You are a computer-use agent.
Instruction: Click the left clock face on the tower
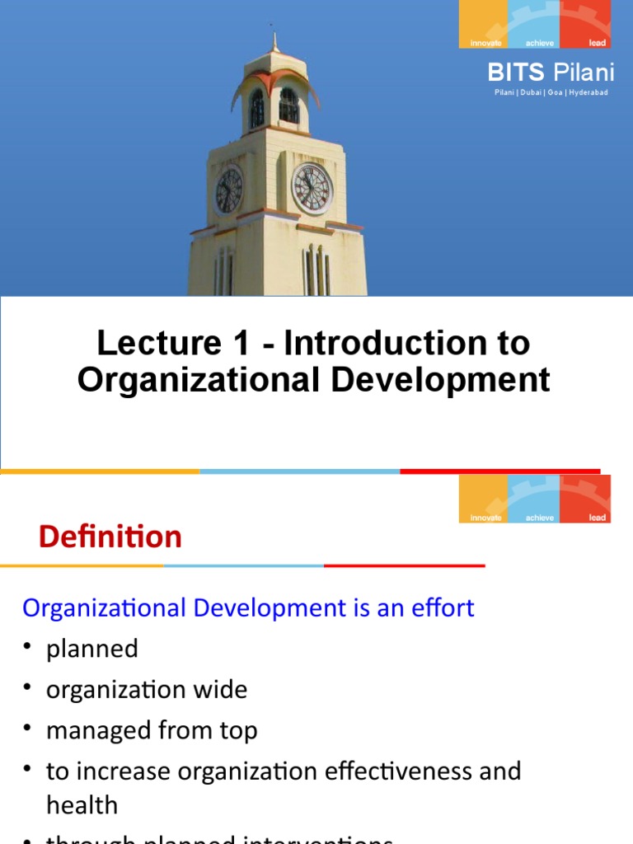pos(228,190)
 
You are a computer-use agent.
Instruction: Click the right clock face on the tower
pos(312,188)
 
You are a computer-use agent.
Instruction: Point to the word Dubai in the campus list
pos(531,92)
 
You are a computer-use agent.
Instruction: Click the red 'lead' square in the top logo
pos(586,24)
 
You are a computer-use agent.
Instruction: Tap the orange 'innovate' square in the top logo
pos(484,24)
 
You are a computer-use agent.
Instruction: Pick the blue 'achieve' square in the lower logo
pos(535,499)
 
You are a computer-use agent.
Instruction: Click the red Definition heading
pos(110,537)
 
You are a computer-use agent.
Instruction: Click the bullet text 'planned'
pos(92,649)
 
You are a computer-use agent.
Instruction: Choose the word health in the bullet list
pos(82,805)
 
